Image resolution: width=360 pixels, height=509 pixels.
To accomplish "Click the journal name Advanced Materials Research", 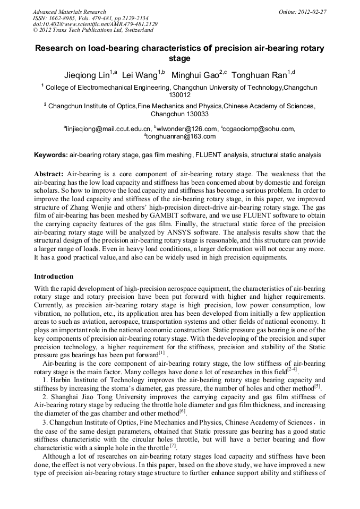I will point(69,11).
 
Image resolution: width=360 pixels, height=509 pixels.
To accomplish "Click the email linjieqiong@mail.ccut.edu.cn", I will point(108,128).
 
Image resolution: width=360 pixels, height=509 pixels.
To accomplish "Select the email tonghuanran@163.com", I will point(181,136).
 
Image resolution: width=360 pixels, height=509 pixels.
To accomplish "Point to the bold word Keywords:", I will point(51,155).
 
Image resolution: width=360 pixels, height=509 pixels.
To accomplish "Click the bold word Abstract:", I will point(49,174).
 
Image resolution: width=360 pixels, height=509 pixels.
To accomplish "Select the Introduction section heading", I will point(54,277).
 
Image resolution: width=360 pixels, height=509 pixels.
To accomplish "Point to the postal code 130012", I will point(179,95).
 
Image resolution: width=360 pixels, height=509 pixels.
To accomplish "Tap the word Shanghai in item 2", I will point(65,396).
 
